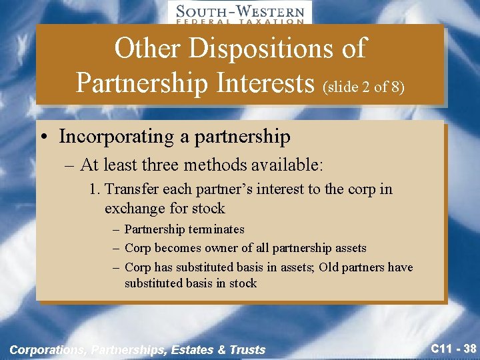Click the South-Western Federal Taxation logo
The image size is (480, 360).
239,13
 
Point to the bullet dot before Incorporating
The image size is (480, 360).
43,137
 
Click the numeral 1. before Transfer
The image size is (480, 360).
95,189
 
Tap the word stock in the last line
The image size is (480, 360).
242,283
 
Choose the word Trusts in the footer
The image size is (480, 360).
247,349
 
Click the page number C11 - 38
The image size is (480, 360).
452,348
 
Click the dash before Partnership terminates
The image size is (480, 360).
116,229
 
